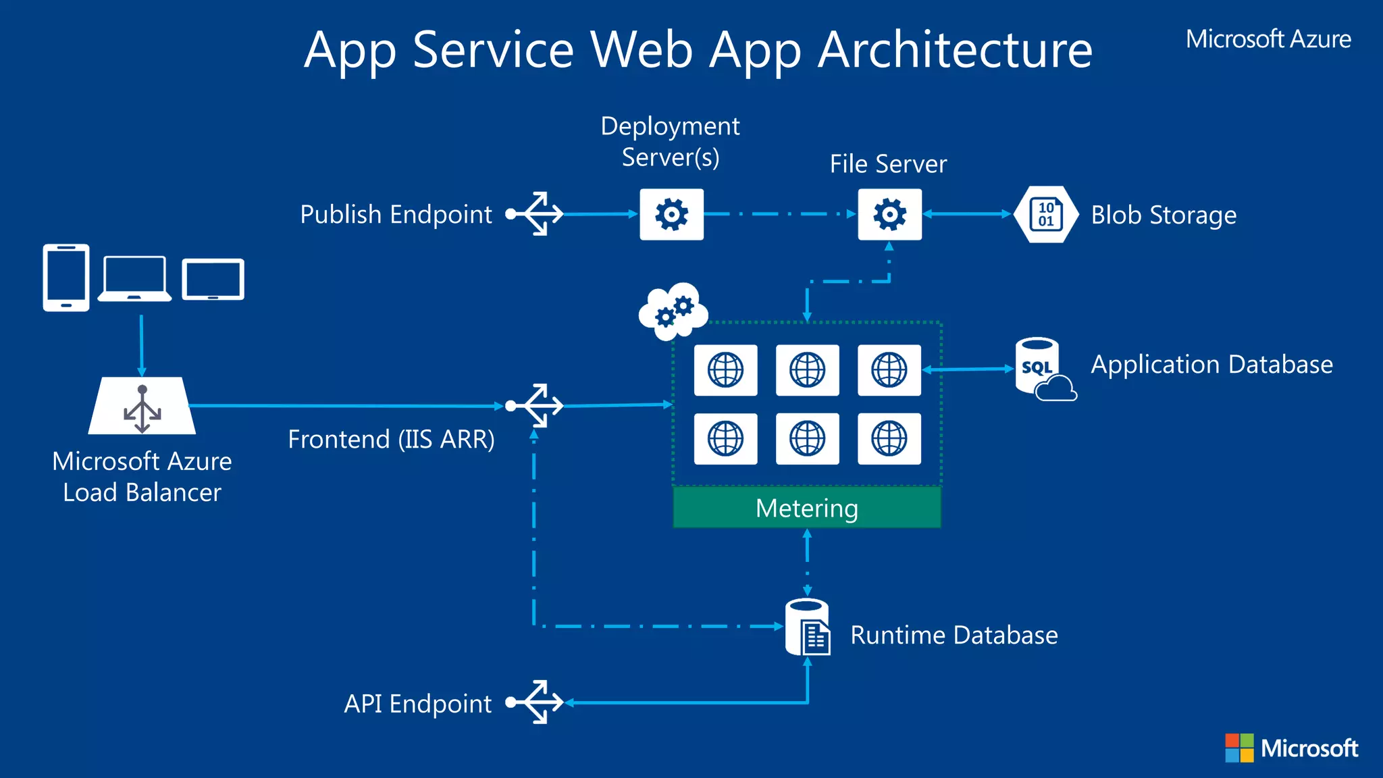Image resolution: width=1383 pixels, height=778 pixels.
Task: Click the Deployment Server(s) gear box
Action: [x=671, y=215]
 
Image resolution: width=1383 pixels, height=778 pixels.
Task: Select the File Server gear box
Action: [x=889, y=215]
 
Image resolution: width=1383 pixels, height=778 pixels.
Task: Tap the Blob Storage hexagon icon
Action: [x=1045, y=215]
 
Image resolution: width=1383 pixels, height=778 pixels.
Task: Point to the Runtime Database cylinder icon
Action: [x=808, y=627]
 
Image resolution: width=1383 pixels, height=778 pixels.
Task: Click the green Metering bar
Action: [x=807, y=508]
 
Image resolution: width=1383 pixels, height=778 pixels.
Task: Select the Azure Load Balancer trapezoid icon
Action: [x=142, y=407]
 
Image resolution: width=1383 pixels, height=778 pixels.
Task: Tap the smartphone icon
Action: [x=66, y=278]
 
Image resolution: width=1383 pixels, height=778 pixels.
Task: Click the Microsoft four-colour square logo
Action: [x=1239, y=748]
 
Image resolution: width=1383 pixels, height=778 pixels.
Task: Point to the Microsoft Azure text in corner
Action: [x=1268, y=39]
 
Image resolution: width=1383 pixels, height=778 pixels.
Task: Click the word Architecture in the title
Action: [x=955, y=50]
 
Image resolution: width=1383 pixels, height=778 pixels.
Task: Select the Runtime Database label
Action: [x=954, y=635]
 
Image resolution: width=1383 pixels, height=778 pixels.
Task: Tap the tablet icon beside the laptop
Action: [x=213, y=279]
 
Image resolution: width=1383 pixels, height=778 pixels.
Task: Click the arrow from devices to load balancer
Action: [x=141, y=344]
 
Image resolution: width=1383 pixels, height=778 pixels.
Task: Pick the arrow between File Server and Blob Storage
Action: [x=967, y=214]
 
